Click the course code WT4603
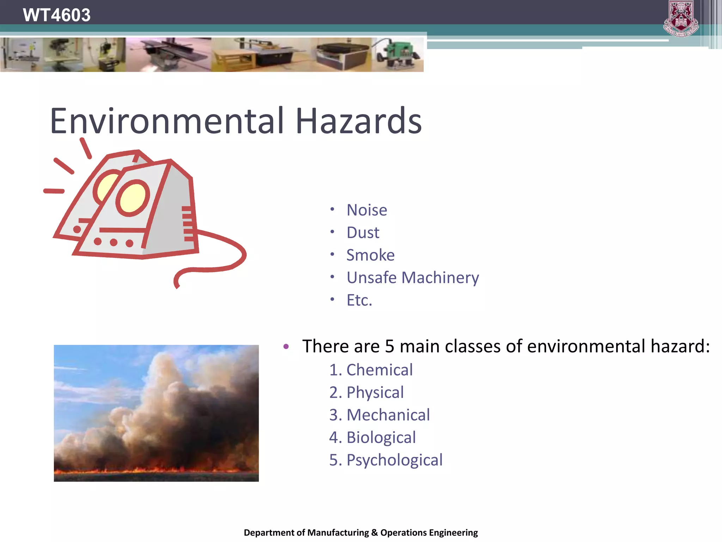click(56, 15)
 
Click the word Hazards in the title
click(359, 121)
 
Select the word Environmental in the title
click(167, 121)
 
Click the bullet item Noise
click(367, 210)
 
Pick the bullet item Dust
click(362, 233)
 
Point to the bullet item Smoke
click(370, 255)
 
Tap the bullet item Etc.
click(359, 300)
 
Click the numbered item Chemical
click(379, 370)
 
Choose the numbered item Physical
click(375, 393)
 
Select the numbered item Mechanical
click(388, 415)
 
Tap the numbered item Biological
click(381, 438)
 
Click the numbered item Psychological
click(394, 460)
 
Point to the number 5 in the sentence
click(389, 347)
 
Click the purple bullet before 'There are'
click(286, 347)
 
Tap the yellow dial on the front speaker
click(133, 198)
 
